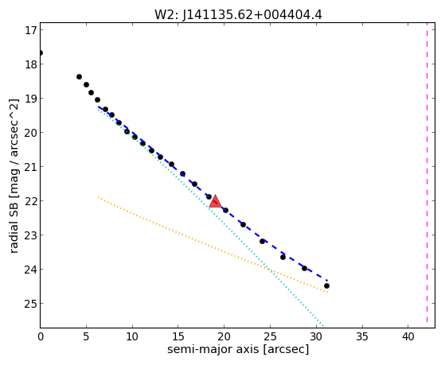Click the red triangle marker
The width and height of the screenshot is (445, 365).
coord(215,201)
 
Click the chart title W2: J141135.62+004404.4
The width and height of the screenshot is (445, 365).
coord(238,14)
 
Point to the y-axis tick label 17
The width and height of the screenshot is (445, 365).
coord(31,30)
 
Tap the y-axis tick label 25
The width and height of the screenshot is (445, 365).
coord(31,304)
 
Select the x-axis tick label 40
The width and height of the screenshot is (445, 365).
coord(408,336)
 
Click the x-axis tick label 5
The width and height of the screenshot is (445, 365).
coord(86,336)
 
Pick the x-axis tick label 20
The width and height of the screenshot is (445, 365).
coord(224,336)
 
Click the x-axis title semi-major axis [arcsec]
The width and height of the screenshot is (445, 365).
coord(238,349)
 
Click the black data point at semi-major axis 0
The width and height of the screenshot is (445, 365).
coord(41,53)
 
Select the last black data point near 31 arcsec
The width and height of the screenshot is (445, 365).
coord(326,285)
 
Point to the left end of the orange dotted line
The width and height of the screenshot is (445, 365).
coord(98,196)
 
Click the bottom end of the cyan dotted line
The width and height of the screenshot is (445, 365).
coord(322,325)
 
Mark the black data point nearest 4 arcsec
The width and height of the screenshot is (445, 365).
coord(79,77)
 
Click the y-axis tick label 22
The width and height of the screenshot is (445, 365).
coord(31,201)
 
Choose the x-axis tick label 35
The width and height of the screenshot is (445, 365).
coord(362,336)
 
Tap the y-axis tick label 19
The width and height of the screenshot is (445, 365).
coord(31,99)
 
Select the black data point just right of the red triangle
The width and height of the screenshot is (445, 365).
coord(225,211)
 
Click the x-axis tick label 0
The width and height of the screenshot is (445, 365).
coord(41,336)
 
